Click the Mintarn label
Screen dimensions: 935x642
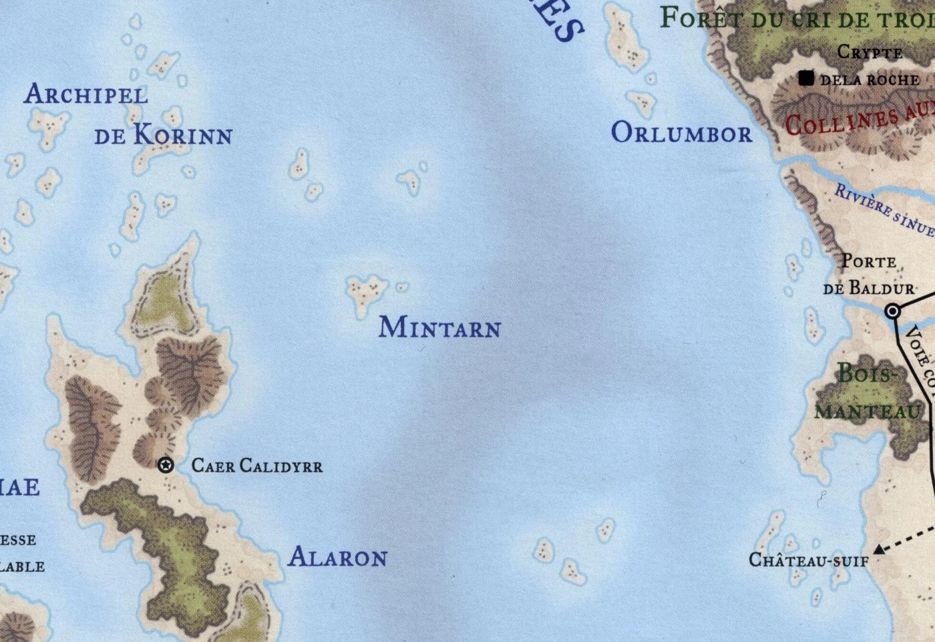pyautogui.click(x=439, y=327)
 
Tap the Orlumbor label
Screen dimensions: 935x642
pyautogui.click(x=681, y=133)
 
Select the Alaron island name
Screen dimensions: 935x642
pyautogui.click(x=337, y=557)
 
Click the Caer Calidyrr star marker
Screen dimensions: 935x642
pyautogui.click(x=166, y=465)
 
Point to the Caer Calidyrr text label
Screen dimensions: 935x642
pyautogui.click(x=257, y=466)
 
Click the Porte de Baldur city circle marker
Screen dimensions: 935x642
pyautogui.click(x=893, y=311)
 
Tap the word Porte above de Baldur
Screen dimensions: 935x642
pyautogui.click(x=868, y=261)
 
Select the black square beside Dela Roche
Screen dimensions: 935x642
pyautogui.click(x=807, y=79)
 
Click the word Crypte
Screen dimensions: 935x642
pyautogui.click(x=870, y=52)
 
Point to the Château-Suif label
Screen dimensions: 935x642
pyautogui.click(x=809, y=560)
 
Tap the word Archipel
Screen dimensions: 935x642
pyautogui.click(x=86, y=95)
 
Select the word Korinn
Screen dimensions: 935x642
pyautogui.click(x=183, y=135)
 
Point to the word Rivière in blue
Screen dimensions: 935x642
pyautogui.click(x=862, y=198)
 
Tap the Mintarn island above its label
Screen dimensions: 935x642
pyautogui.click(x=366, y=291)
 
